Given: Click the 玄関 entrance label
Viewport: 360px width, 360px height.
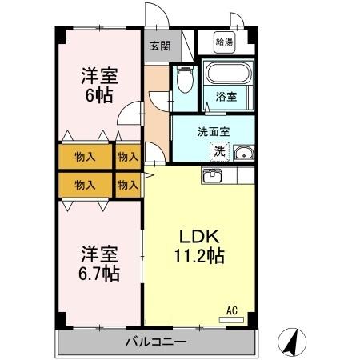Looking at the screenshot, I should [158, 45].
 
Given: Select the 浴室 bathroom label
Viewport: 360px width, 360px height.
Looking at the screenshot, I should [226, 98].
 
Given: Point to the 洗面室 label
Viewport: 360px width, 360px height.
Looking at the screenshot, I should [215, 131].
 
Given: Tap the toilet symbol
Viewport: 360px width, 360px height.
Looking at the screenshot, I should [185, 80].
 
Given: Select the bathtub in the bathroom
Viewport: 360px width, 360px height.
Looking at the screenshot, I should [226, 76].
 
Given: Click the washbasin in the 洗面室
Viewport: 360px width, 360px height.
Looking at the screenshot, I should [243, 154].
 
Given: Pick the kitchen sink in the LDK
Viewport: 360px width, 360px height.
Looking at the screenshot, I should [214, 176].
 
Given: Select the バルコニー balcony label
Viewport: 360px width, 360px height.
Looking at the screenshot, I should [157, 342].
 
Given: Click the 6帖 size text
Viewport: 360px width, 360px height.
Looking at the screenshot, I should [100, 94].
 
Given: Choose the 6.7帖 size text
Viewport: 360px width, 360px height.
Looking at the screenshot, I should [100, 274].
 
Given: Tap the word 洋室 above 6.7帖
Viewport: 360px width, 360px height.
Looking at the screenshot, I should [100, 255].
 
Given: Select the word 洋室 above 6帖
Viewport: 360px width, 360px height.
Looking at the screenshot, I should [100, 77].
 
